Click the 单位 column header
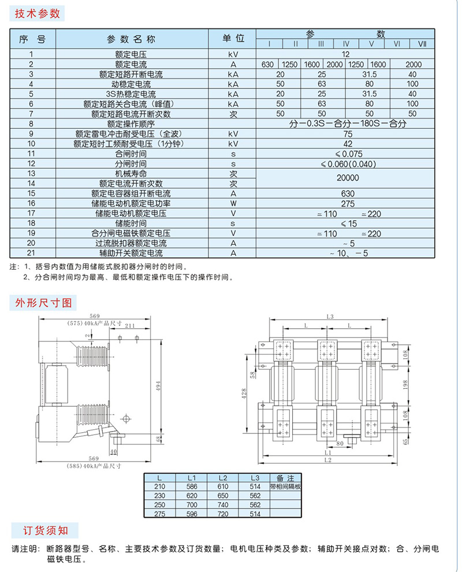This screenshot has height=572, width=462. point(234,39)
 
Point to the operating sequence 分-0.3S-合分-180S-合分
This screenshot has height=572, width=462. point(348,123)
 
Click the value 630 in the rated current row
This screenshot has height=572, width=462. point(267,64)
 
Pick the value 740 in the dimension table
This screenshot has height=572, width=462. point(222,504)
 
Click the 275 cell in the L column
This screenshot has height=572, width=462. point(160,514)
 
